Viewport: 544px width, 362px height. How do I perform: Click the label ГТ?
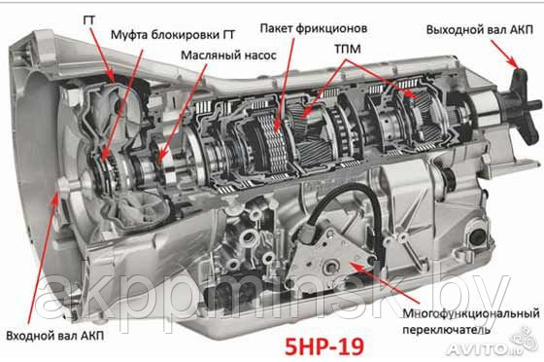(89, 20)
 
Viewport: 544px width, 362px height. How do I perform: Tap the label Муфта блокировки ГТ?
(173, 35)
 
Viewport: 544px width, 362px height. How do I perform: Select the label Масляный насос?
(228, 55)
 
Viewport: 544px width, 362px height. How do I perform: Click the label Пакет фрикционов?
(313, 28)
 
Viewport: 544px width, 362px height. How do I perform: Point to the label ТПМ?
(348, 50)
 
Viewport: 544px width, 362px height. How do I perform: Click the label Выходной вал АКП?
(480, 29)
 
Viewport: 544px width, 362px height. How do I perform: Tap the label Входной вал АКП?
(54, 336)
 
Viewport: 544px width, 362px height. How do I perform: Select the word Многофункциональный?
(471, 313)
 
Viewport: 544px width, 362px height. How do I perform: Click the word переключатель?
(446, 329)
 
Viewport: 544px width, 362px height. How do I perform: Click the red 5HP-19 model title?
(324, 346)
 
